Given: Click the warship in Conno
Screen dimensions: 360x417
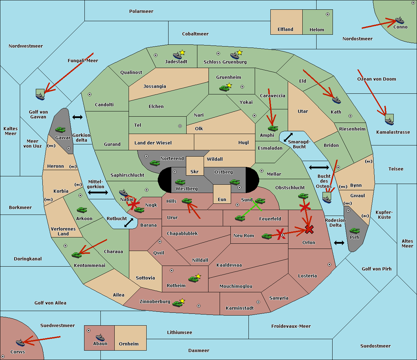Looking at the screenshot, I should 399,20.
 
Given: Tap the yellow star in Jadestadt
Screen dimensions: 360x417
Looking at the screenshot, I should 182,52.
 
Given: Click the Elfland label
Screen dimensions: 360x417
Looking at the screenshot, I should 285,30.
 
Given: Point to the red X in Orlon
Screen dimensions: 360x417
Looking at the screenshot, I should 309,229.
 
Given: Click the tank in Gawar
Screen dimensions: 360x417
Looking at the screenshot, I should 60,129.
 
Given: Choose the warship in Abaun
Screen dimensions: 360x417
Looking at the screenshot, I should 100,337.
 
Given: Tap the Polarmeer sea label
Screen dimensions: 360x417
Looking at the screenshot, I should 141,11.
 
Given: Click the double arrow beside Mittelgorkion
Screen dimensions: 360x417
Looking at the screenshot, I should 98,192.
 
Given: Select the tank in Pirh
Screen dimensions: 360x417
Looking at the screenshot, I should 354,231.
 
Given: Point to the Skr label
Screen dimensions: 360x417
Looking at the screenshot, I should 195,172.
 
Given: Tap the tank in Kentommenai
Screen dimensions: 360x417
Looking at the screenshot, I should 76,255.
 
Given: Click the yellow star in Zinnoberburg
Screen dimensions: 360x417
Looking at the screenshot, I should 182,301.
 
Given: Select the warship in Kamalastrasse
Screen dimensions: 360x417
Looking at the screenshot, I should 389,121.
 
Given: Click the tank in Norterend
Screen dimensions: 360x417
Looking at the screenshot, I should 155,163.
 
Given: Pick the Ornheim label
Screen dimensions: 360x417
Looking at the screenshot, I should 129,344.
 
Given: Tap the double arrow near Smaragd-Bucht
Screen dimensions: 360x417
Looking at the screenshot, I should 288,137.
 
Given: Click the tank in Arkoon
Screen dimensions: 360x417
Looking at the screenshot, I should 82,210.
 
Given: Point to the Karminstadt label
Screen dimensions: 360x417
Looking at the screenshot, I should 240,308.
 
